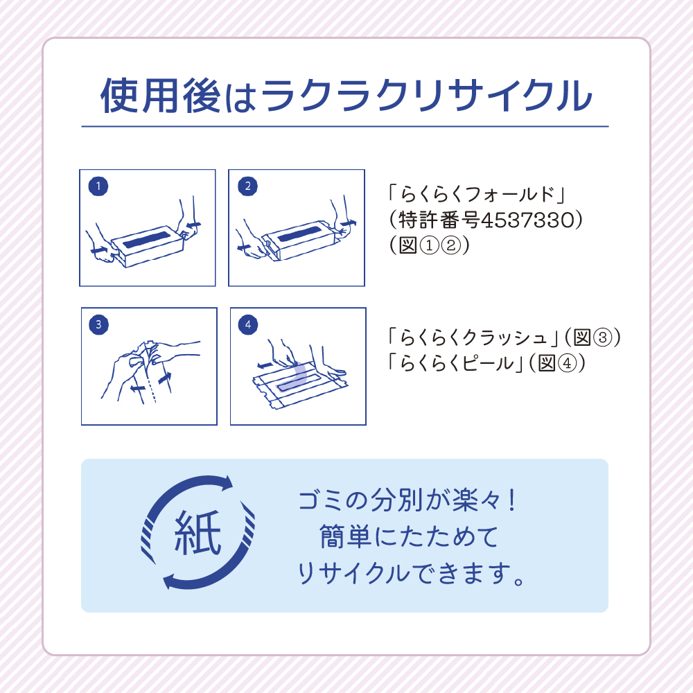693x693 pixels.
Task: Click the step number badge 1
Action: click(x=99, y=186)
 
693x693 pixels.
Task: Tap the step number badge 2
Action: click(x=247, y=186)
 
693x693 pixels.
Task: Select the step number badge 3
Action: click(x=99, y=324)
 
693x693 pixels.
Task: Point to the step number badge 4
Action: click(x=247, y=324)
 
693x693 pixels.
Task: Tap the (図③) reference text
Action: click(x=593, y=337)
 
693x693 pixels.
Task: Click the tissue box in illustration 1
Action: click(x=146, y=243)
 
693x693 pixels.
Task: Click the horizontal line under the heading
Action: click(x=344, y=127)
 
